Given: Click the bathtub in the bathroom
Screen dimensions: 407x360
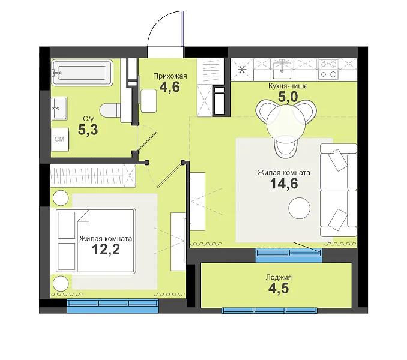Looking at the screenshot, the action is (x=82, y=73).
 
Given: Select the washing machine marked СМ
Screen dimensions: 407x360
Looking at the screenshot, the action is (x=59, y=139).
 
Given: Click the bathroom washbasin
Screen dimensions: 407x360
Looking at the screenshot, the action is (x=59, y=108).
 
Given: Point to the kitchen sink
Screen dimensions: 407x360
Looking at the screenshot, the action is (x=282, y=68).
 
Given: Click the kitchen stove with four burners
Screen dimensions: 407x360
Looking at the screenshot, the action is (x=328, y=69).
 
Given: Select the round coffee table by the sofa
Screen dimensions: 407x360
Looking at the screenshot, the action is (x=299, y=208).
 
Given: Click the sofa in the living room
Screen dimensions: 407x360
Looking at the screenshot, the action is (x=339, y=190).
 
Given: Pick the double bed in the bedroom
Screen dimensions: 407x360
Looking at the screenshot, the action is (x=93, y=241).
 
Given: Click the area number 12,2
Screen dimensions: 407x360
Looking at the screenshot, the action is (x=106, y=250).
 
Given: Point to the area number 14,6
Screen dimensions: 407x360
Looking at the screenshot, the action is (x=284, y=184).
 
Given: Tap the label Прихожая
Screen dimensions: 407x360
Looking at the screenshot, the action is (x=170, y=76).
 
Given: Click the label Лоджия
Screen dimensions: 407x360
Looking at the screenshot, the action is (x=279, y=277).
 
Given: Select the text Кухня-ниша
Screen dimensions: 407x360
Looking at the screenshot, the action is (x=288, y=86).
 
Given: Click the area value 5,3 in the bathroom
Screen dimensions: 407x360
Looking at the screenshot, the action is (x=88, y=130).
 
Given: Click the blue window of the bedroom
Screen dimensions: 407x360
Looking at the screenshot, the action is (x=113, y=305).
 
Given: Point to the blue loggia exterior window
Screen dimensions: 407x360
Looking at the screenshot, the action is (x=269, y=310).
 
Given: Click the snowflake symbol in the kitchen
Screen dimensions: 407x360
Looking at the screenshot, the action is (x=242, y=70).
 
